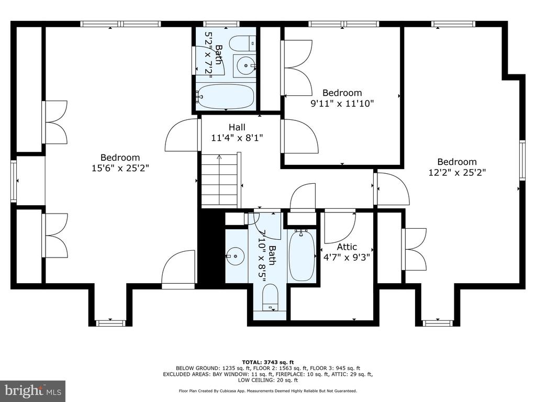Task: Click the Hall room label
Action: pos(237,128)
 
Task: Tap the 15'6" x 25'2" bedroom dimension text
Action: pos(120,168)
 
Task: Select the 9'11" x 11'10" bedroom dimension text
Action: pos(342,103)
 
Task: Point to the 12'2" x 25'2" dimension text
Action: pos(457,172)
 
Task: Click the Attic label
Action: pos(347,247)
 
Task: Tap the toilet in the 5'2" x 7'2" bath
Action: pos(242,43)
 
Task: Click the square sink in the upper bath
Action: pos(245,65)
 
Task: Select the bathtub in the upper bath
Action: pos(225,96)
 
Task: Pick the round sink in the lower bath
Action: pos(235,256)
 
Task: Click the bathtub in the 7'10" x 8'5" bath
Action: pos(302,255)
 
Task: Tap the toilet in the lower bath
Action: pos(271,297)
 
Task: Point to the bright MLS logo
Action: pos(33,390)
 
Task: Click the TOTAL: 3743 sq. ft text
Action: pos(267,362)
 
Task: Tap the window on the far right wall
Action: pos(522,160)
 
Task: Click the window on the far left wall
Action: pos(13,181)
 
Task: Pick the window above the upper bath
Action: pos(221,24)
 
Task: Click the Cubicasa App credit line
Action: pos(267,390)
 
